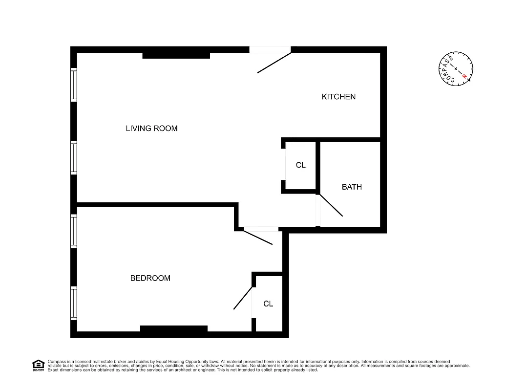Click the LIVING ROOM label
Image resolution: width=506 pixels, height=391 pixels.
pyautogui.click(x=151, y=129)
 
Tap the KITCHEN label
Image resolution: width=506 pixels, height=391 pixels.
pyautogui.click(x=338, y=97)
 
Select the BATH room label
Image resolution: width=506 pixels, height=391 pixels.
pyautogui.click(x=352, y=187)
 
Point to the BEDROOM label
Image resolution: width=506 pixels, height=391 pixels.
pyautogui.click(x=150, y=278)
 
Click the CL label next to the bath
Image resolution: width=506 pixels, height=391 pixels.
pyautogui.click(x=301, y=165)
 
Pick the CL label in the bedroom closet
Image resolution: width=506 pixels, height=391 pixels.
pyautogui.click(x=268, y=304)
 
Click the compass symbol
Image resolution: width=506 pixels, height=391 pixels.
pyautogui.click(x=456, y=68)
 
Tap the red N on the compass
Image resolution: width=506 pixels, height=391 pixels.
pyautogui.click(x=464, y=76)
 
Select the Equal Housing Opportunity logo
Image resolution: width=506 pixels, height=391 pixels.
pyautogui.click(x=38, y=365)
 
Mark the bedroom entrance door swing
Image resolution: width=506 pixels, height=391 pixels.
pyautogui.click(x=258, y=237)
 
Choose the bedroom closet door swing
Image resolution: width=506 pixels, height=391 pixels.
pyautogui.click(x=243, y=298)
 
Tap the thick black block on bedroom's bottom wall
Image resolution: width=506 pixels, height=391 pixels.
pyautogui.click(x=174, y=328)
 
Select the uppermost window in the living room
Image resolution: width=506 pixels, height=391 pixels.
pyautogui.click(x=74, y=85)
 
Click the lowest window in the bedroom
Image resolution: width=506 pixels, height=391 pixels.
pyautogui.click(x=74, y=303)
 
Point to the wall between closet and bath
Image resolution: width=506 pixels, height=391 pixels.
pyautogui.click(x=317, y=166)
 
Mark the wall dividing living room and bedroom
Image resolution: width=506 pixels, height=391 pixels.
pyautogui.click(x=156, y=204)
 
